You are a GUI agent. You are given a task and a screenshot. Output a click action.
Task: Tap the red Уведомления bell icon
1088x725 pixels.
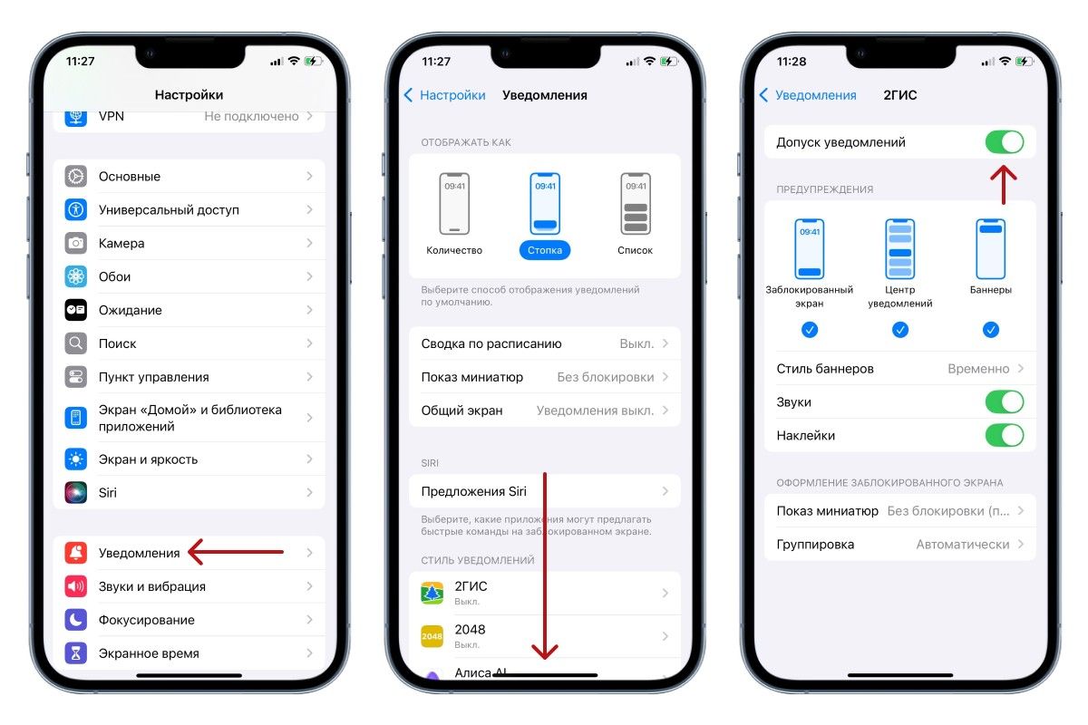click(76, 553)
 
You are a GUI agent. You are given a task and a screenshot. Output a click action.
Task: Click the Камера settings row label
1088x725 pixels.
click(121, 243)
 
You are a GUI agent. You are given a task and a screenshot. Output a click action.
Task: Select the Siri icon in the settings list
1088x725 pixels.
click(76, 492)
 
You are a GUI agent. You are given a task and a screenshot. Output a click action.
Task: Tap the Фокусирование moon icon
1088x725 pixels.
click(76, 620)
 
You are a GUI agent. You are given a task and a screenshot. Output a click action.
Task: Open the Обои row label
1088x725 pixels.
click(114, 276)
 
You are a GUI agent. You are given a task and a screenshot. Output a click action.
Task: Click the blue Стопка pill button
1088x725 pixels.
click(545, 250)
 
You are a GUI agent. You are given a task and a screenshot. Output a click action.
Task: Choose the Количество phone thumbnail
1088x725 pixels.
click(454, 204)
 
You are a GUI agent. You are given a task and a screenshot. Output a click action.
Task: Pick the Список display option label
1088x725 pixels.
click(635, 250)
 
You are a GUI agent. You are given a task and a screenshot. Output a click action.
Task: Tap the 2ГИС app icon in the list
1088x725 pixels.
click(432, 593)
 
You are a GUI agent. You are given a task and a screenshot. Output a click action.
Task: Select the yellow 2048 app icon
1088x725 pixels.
click(432, 636)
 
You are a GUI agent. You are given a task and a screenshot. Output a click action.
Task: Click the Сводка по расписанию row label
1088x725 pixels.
click(491, 343)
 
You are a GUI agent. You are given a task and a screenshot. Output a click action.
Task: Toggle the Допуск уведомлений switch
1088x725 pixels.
click(1005, 142)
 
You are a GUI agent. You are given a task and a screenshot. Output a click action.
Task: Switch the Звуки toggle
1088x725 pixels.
click(1005, 402)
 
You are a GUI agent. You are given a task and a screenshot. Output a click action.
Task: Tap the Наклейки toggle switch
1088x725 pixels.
click(1005, 436)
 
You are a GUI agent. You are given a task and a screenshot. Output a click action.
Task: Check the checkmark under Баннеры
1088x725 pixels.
click(991, 330)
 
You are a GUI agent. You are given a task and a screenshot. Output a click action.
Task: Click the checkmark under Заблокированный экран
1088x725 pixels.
click(809, 330)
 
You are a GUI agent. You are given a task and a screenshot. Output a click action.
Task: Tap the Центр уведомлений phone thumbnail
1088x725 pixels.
click(900, 249)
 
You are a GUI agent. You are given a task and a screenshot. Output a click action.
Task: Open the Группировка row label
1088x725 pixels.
click(815, 545)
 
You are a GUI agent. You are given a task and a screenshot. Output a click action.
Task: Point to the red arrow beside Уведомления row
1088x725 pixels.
click(236, 552)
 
